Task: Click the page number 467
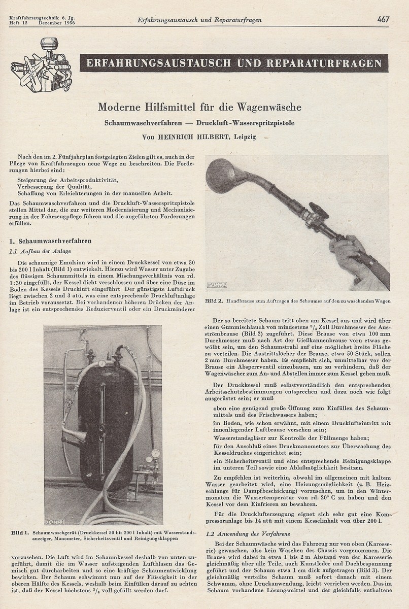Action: click(383, 20)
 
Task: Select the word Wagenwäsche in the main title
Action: click(273, 108)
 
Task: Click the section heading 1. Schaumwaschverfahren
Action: click(51, 241)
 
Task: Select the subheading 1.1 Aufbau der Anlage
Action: click(40, 251)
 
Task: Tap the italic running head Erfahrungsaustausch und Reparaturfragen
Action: click(199, 20)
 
